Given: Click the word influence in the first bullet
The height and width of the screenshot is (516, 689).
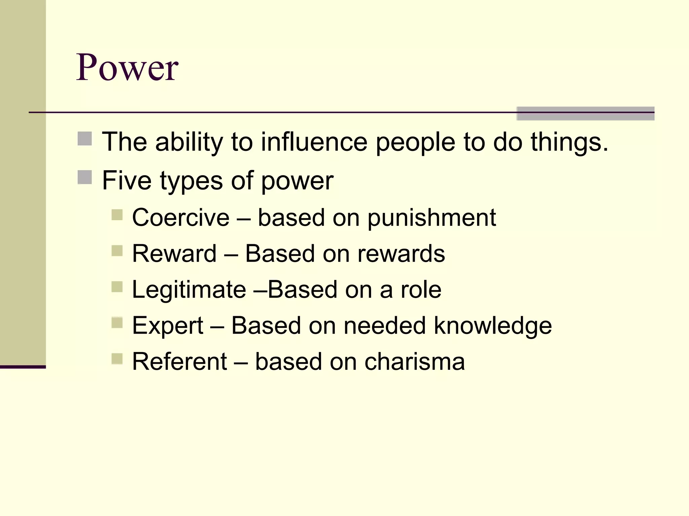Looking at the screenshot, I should pyautogui.click(x=314, y=142).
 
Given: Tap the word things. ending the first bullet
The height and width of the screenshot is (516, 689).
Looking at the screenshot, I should pyautogui.click(x=570, y=142).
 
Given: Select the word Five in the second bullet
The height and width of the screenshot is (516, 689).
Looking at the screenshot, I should pyautogui.click(x=127, y=180).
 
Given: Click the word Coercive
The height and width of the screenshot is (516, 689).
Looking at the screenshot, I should pyautogui.click(x=181, y=217).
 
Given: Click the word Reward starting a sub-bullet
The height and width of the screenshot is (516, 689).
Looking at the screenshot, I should pyautogui.click(x=174, y=253).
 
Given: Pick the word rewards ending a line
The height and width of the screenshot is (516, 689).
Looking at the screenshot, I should pyautogui.click(x=401, y=253).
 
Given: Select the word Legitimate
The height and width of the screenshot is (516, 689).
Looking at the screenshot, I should pyautogui.click(x=189, y=290).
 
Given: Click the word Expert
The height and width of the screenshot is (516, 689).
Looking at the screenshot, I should pyautogui.click(x=168, y=326).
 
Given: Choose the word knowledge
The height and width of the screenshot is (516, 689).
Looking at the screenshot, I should pyautogui.click(x=493, y=326).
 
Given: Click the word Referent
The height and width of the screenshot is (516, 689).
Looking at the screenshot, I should pyautogui.click(x=180, y=361).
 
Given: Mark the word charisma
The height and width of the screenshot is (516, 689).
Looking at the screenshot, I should pyautogui.click(x=415, y=361).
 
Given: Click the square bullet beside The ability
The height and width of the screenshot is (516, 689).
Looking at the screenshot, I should pyautogui.click(x=85, y=139).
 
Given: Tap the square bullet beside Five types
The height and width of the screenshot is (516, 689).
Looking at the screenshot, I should pyautogui.click(x=85, y=177).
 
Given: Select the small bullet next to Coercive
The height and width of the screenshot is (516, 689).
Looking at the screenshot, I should pyautogui.click(x=117, y=215).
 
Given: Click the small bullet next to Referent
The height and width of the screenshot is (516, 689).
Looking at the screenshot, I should pyautogui.click(x=117, y=359).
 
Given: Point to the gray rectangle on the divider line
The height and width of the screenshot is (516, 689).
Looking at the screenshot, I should pyautogui.click(x=585, y=114).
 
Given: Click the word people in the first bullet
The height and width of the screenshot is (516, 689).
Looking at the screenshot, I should pyautogui.click(x=415, y=142).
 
